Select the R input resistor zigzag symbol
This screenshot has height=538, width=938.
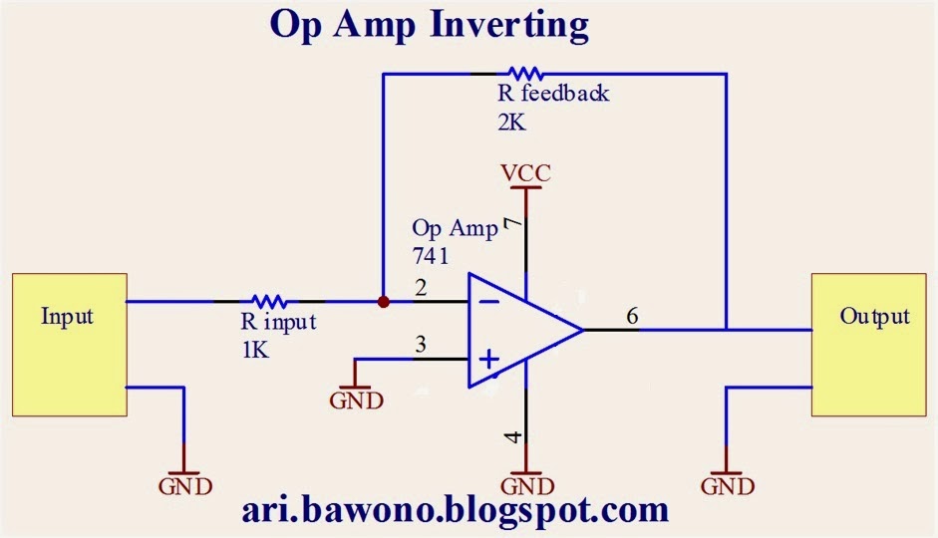pyautogui.click(x=269, y=300)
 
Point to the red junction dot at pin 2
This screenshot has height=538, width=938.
pyautogui.click(x=383, y=300)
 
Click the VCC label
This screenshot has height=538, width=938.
pyautogui.click(x=525, y=174)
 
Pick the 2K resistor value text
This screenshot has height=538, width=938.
pyautogui.click(x=510, y=125)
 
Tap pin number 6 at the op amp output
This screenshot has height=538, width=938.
pyautogui.click(x=632, y=316)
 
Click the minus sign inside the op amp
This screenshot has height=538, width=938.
pyautogui.click(x=488, y=300)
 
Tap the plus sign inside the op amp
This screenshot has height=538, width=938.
pyautogui.click(x=489, y=359)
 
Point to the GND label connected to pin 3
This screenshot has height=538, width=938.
pyautogui.click(x=356, y=401)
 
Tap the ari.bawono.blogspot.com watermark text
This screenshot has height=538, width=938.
pyautogui.click(x=455, y=512)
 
